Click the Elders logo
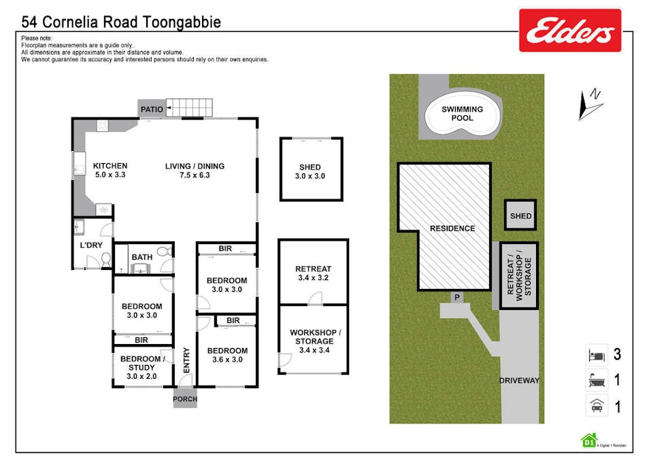coord(570,31)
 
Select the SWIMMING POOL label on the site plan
coord(462,114)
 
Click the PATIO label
coord(151,109)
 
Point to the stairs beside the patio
coord(190,107)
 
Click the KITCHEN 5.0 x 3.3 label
coord(110,170)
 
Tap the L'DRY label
coord(91,244)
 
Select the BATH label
coord(142,257)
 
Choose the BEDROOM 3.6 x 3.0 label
coord(227,355)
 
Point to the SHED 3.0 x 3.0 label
coord(310,171)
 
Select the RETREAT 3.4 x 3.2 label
coord(313,273)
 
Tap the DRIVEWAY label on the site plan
coord(519,381)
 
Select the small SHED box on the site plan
coord(520,216)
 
